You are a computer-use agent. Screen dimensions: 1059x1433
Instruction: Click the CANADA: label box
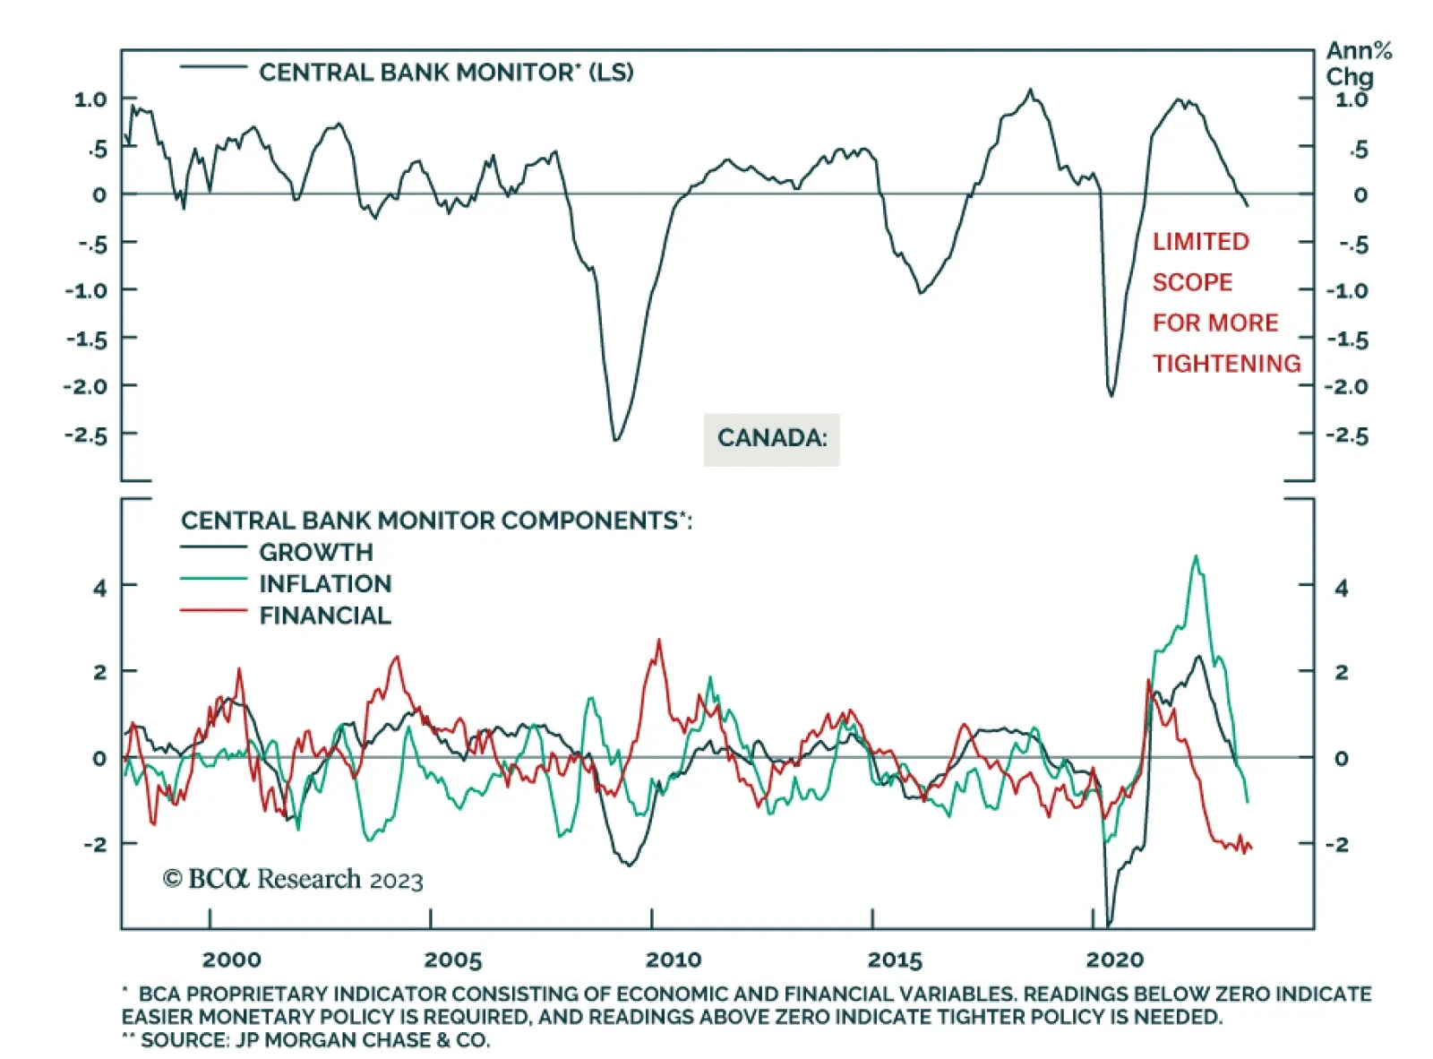click(771, 438)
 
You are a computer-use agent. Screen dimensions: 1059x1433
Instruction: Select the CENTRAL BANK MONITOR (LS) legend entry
click(445, 72)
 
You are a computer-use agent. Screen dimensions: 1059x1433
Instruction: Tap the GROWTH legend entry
click(315, 552)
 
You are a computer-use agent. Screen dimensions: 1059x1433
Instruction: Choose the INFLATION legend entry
click(324, 584)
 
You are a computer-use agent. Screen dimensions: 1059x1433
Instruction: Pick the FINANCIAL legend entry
click(324, 616)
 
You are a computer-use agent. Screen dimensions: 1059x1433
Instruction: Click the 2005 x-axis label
click(452, 960)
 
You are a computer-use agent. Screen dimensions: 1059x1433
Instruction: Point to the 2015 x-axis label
click(894, 960)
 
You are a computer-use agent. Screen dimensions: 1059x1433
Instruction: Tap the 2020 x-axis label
click(1114, 960)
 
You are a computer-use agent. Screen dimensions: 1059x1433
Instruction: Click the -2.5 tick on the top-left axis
click(85, 435)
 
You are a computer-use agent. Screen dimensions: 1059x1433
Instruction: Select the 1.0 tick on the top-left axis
click(90, 99)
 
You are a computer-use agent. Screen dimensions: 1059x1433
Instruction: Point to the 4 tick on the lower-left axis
click(99, 588)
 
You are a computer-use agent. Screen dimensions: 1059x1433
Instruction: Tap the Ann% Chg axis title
click(1357, 64)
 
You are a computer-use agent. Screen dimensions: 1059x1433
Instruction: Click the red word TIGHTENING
click(1226, 364)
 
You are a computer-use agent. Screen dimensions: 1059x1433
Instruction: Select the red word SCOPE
click(1192, 282)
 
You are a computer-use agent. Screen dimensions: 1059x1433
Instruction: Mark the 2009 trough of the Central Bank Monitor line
click(615, 439)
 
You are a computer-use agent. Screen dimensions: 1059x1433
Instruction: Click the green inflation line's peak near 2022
click(1196, 557)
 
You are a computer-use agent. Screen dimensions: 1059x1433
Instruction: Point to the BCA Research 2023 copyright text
click(292, 879)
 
